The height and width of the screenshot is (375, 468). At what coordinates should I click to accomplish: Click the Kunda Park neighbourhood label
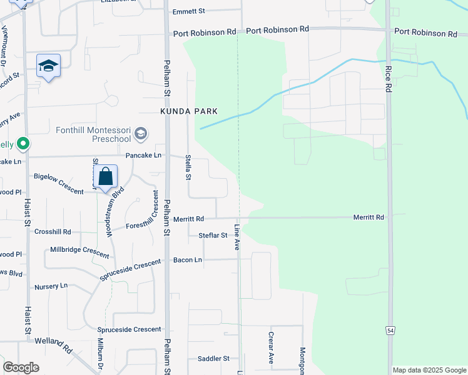click(x=188, y=111)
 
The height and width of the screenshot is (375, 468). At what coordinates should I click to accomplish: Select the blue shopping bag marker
click(x=106, y=177)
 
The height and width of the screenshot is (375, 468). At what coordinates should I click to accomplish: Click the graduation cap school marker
click(x=48, y=66)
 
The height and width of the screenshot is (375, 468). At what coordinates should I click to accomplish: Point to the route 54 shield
click(x=389, y=329)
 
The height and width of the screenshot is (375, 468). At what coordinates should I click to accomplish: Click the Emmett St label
click(x=188, y=11)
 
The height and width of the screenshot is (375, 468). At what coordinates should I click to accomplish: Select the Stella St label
click(x=188, y=169)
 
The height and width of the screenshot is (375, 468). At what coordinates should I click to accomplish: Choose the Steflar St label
click(x=212, y=236)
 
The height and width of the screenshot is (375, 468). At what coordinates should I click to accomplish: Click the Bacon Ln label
click(x=188, y=259)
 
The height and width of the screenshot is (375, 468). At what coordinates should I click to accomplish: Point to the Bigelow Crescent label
click(x=58, y=184)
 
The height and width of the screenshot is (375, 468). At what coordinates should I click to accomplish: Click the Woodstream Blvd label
click(x=109, y=210)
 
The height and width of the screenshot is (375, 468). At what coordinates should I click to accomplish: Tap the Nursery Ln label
click(x=51, y=286)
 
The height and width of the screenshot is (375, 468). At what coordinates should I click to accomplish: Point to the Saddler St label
click(x=213, y=359)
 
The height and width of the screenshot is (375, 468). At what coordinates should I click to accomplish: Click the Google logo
click(x=21, y=367)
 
